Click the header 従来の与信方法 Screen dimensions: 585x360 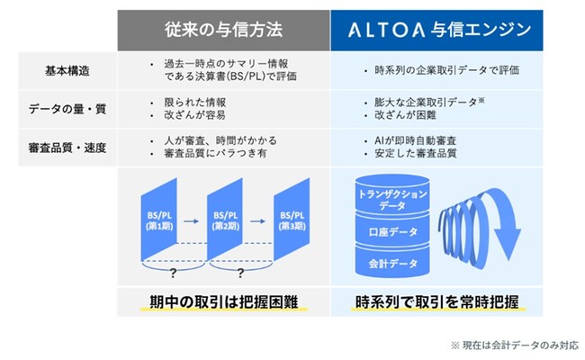pos(223,30)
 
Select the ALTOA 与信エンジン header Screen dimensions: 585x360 pos(439,30)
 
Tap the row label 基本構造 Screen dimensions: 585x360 pos(67,70)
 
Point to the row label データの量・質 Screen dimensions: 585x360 pos(67,109)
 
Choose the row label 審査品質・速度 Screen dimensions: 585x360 pos(67,148)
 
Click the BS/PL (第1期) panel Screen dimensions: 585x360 pos(159,220)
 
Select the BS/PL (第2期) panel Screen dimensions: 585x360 pos(225,220)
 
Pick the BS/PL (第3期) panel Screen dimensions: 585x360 pos(292,220)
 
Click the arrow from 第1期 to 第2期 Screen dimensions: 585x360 pos(191,221)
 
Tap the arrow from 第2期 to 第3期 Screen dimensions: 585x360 pos(257,221)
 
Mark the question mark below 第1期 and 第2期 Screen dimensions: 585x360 pos(173,274)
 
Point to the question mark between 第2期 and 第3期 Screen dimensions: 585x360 pos(240,274)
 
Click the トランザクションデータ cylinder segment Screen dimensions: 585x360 pos(392,195)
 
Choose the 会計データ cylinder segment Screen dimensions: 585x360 pos(392,262)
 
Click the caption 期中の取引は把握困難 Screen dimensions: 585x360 pos(224,301)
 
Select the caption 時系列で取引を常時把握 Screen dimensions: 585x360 pos(436,301)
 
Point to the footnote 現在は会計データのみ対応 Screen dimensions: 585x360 pos(520,346)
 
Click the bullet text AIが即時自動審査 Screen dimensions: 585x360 pos(415,140)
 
